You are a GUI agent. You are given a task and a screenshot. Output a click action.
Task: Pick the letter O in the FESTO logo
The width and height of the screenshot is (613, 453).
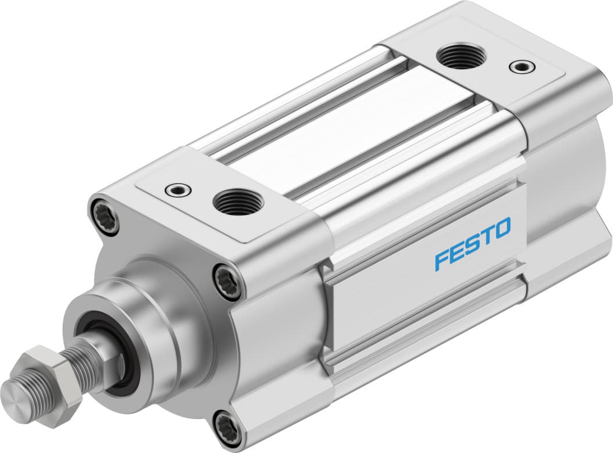(x=503, y=227)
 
